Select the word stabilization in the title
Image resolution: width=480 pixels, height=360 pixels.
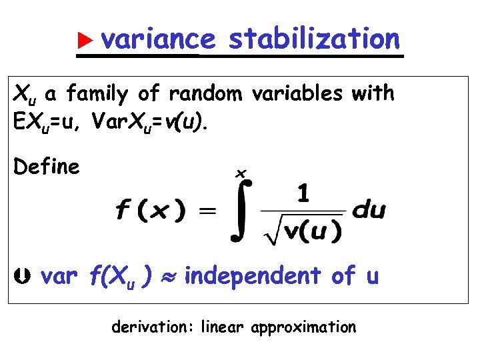(314, 39)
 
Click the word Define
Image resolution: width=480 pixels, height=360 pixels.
(47, 167)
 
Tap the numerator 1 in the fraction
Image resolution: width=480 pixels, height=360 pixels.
(303, 195)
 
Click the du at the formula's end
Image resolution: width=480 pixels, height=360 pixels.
(368, 211)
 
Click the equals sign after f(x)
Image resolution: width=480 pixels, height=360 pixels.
(208, 211)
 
